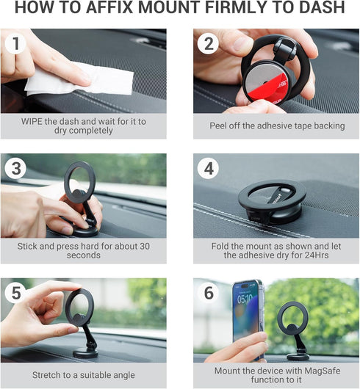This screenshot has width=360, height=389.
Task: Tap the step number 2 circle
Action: pyautogui.click(x=208, y=44)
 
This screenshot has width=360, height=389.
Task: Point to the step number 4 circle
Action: pyautogui.click(x=208, y=169)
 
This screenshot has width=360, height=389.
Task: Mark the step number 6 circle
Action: pyautogui.click(x=208, y=294)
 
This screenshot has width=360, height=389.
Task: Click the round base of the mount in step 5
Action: pyautogui.click(x=87, y=353)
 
